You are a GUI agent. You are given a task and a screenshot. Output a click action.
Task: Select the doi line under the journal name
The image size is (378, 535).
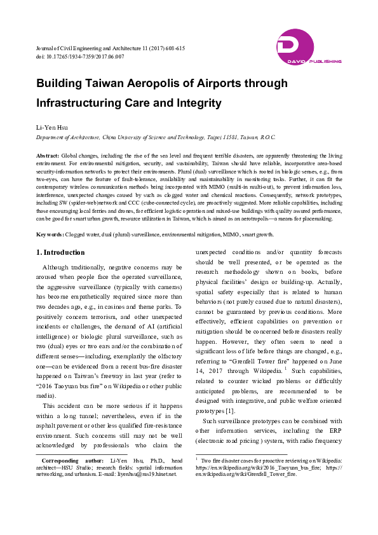pyautogui.click(x=79, y=57)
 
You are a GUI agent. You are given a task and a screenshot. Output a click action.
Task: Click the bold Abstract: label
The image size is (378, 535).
pyautogui.click(x=48, y=156)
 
